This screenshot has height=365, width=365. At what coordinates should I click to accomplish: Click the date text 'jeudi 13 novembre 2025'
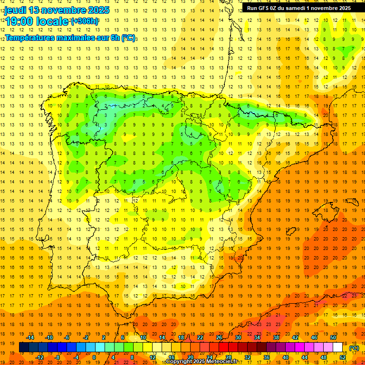click(x=57, y=10)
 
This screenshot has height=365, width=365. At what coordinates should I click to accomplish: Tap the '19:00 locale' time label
click(x=37, y=21)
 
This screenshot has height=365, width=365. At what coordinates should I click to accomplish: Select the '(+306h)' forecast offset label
click(x=85, y=21)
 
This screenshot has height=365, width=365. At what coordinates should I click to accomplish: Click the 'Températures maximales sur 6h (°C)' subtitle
click(x=70, y=38)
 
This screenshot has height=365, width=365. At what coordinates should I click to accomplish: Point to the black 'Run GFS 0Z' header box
click(x=299, y=8)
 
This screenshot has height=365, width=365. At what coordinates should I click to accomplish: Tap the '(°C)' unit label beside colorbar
click(x=354, y=348)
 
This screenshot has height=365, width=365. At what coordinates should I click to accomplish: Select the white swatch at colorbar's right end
click(x=338, y=347)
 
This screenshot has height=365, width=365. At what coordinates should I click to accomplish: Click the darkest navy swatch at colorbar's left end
click(x=24, y=347)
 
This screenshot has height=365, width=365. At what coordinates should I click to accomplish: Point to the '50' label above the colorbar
click(x=333, y=337)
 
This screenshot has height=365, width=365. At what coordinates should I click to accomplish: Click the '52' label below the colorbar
click(x=343, y=357)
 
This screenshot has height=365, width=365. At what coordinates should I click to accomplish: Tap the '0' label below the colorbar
click(x=95, y=357)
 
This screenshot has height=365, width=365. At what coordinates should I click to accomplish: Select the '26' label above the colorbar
click(x=219, y=337)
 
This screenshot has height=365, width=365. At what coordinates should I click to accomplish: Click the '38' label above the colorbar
click(x=276, y=337)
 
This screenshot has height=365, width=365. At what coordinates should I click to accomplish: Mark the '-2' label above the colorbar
click(x=86, y=337)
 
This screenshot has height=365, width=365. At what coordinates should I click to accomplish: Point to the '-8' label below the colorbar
click(x=58, y=357)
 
